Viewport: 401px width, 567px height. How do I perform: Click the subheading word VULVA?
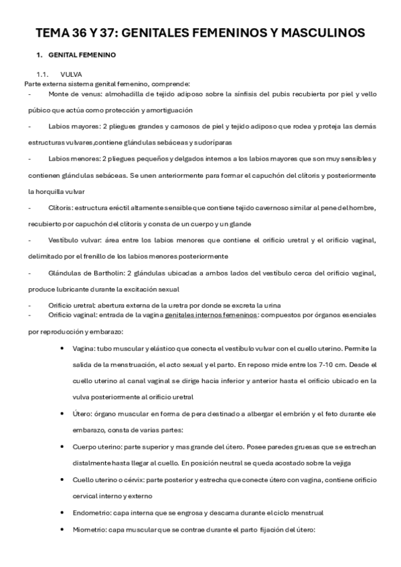tap(71, 74)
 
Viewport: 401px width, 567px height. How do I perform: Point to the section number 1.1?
tap(43, 74)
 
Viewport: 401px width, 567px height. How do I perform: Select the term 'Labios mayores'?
tap(72, 126)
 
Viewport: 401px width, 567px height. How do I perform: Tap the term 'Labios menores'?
tap(72, 158)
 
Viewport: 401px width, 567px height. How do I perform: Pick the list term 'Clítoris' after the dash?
tap(60, 207)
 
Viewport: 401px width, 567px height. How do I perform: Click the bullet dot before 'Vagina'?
tap(62, 349)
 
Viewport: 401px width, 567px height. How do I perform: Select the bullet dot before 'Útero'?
tap(62, 414)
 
